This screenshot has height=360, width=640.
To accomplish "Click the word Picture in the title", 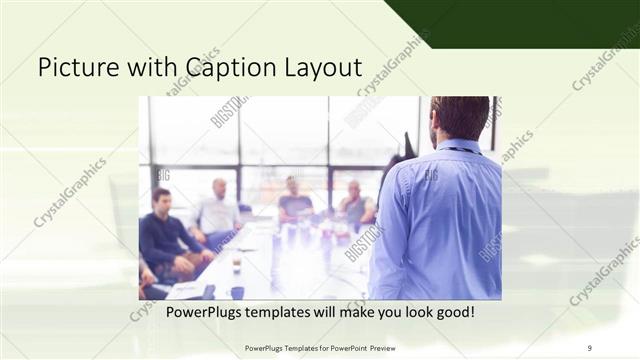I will click(x=74, y=67).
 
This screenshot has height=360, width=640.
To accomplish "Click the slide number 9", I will click(x=590, y=347).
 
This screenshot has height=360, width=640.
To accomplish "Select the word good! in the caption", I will click(x=452, y=312).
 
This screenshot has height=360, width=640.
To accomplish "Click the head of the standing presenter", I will click(x=460, y=117).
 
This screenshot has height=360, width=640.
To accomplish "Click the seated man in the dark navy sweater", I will click(x=164, y=235).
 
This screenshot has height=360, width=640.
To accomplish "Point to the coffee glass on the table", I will click(x=236, y=262).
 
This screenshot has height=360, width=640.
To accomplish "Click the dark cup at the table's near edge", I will click(x=237, y=292).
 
